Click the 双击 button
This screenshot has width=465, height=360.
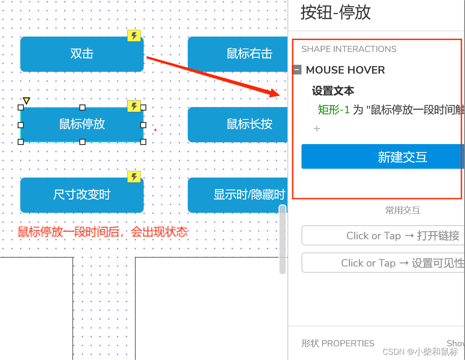click(x=82, y=54)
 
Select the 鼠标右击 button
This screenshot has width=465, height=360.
click(x=238, y=54)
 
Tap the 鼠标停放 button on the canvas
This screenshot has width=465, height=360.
click(x=82, y=124)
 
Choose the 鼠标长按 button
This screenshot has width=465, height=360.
click(x=238, y=124)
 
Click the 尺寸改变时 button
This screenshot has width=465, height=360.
click(x=82, y=195)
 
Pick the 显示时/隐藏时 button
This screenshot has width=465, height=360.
click(x=238, y=195)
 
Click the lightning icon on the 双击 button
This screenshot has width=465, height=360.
click(x=134, y=36)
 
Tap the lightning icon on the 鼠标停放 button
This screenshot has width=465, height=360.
click(x=134, y=106)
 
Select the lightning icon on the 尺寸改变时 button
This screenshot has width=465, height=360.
click(x=134, y=177)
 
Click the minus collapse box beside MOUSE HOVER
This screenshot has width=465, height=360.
click(x=297, y=70)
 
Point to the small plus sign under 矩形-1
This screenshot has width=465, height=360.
click(x=316, y=129)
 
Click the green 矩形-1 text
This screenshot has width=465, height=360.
click(x=334, y=110)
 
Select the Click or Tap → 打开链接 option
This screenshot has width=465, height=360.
click(x=383, y=236)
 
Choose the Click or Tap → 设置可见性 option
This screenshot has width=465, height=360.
click(x=383, y=263)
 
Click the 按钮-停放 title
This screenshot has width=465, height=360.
click(x=335, y=12)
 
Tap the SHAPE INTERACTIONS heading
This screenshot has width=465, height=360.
click(x=349, y=49)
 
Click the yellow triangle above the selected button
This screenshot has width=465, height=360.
click(x=26, y=101)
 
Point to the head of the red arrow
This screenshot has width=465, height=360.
click(x=278, y=94)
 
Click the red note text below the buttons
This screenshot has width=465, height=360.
click(x=102, y=232)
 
